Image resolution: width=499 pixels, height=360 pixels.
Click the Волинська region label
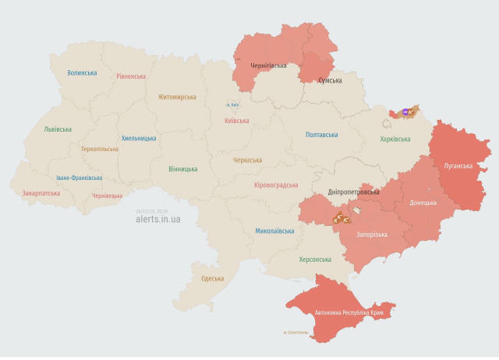(82, 72)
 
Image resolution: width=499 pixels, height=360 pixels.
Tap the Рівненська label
(131, 76)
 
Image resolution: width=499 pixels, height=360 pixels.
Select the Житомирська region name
(177, 97)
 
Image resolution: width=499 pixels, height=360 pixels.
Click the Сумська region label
(330, 80)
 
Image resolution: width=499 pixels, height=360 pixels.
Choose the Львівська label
(58, 129)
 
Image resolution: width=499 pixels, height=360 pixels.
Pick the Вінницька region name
(182, 168)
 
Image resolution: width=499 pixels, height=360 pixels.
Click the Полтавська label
(321, 135)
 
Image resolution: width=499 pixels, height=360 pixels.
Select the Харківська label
(395, 139)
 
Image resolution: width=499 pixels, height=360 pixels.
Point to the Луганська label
(458, 166)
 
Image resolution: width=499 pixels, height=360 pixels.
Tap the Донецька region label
(423, 203)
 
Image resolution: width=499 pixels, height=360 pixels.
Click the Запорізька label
(371, 234)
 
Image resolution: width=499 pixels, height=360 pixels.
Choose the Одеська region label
(212, 278)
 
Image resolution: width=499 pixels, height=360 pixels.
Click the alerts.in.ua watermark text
(157, 220)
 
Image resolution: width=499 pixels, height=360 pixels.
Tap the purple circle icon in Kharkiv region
(405, 112)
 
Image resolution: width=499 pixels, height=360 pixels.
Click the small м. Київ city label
(233, 104)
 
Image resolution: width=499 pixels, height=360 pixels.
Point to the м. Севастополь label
(296, 333)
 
